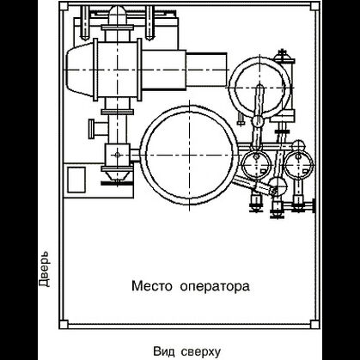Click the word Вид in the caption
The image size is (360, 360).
pyautogui.click(x=164, y=351)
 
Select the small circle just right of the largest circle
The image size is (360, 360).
pyautogui.click(x=253, y=162)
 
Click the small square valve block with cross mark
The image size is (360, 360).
pyautogui.click(x=113, y=156)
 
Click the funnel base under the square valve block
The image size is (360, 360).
pyautogui.click(x=113, y=180)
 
